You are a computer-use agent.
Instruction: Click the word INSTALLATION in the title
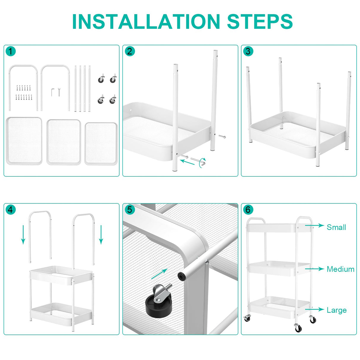146,21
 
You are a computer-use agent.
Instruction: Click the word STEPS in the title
260,21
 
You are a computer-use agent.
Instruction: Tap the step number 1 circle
11,52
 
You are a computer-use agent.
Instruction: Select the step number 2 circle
130,52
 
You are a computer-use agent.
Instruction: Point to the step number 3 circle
248,52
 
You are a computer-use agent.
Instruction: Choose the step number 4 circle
11,210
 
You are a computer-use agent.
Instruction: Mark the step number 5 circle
130,210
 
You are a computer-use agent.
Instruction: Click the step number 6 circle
248,210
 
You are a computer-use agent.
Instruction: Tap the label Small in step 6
336,227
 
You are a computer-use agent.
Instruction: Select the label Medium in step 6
340,269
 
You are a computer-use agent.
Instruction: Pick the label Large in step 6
337,310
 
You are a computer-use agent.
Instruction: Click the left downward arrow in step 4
23,234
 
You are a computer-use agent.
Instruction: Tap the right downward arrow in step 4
101,234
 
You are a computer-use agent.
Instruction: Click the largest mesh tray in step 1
24,141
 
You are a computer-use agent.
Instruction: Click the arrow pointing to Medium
314,269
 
